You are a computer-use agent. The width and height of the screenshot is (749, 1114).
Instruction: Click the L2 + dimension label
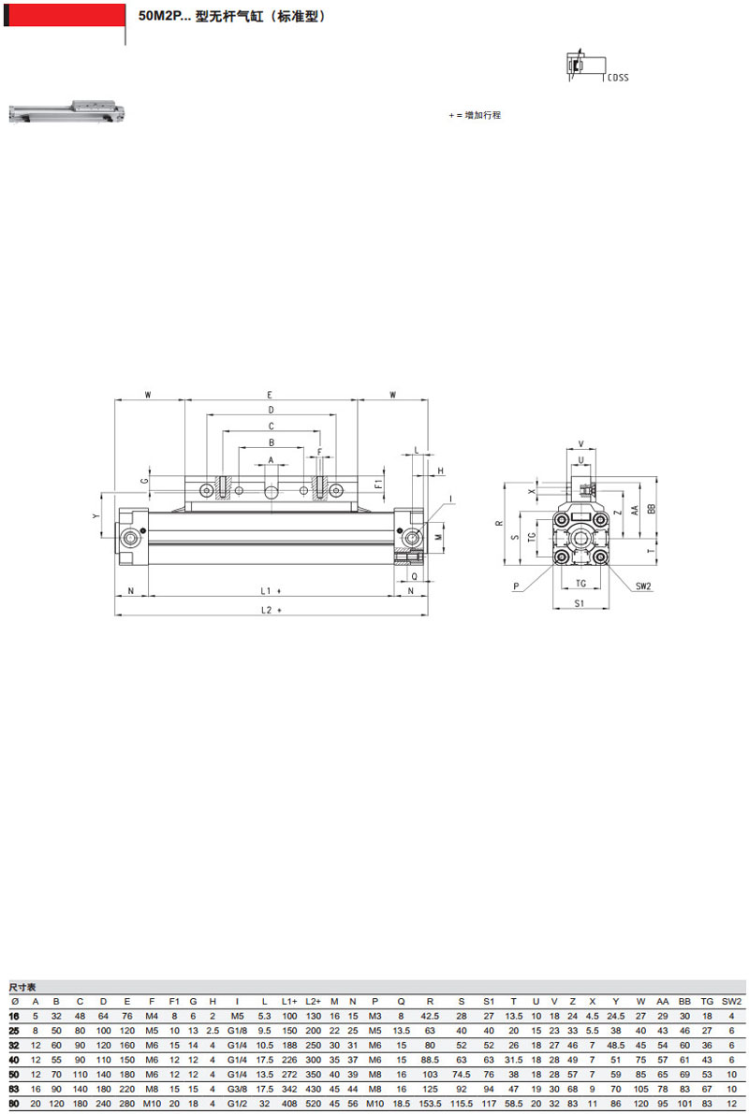point(271,610)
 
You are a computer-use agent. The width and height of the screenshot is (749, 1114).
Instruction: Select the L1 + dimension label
point(271,591)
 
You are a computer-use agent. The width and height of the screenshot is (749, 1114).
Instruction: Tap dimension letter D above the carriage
point(271,410)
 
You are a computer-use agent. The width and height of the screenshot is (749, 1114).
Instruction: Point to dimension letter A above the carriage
point(271,460)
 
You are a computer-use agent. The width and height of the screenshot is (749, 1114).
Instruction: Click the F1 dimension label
point(378,484)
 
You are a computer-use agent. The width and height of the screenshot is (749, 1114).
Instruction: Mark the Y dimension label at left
point(96,516)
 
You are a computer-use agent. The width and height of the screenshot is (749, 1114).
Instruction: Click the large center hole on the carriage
point(271,491)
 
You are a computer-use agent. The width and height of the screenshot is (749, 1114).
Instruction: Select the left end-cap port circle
point(131,538)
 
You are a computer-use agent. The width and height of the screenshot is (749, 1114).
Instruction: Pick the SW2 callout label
point(643,586)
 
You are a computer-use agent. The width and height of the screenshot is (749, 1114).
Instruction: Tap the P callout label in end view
point(517,586)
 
